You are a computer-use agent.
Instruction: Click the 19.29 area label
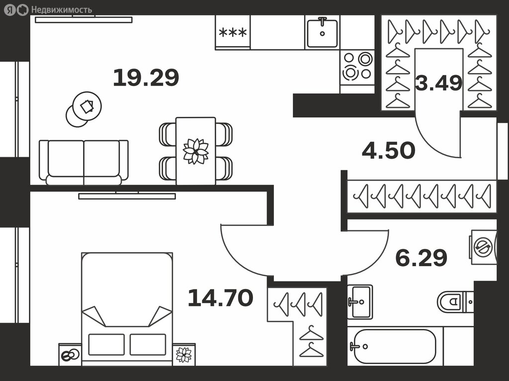146,78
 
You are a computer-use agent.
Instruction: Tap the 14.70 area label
220,297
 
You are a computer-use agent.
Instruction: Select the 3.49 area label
438,83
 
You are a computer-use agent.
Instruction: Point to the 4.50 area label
389,150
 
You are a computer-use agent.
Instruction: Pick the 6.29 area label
422,258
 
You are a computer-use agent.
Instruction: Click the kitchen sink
322,32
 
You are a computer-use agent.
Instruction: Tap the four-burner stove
357,67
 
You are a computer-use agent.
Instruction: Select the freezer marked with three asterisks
233,32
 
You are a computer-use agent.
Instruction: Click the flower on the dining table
196,151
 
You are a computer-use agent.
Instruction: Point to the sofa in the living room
84,163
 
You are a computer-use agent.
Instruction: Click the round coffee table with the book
87,106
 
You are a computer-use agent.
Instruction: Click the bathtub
393,346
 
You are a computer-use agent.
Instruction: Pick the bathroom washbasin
360,302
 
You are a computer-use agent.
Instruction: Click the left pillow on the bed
106,344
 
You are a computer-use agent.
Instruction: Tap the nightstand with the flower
184,354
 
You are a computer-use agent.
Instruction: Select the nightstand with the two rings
70,354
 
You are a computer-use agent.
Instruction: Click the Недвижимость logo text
61,10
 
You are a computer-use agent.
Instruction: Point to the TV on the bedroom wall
127,195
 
